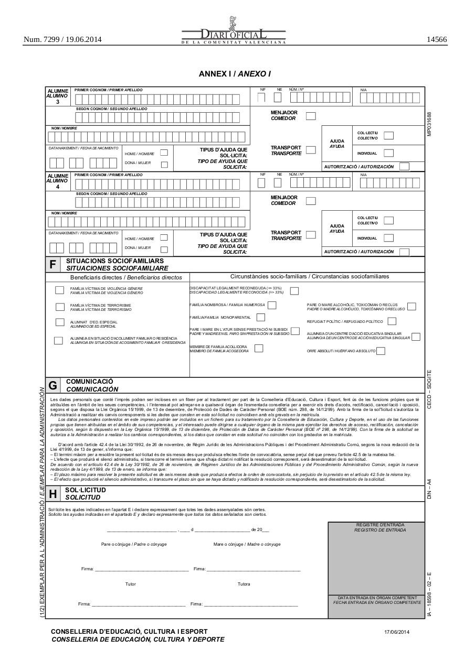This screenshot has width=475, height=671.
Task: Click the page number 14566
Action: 436,39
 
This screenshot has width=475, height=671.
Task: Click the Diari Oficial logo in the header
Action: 234,32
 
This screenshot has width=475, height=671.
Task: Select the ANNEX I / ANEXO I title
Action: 235,74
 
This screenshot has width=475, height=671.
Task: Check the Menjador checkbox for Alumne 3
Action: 311,115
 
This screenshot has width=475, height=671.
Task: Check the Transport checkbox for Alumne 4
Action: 311,235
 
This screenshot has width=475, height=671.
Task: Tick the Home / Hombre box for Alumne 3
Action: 164,153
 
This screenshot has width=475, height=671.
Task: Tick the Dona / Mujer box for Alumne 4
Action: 164,250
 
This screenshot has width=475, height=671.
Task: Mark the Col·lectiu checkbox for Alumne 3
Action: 388,136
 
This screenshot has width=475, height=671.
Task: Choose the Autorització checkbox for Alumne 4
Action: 404,252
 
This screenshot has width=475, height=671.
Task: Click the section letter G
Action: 52,385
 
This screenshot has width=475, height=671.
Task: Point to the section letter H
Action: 52,494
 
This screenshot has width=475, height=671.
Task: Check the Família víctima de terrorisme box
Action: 60,307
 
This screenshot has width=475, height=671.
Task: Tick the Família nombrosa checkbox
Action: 272,305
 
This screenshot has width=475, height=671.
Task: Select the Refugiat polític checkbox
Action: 392,321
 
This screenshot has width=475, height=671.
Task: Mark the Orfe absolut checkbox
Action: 381,351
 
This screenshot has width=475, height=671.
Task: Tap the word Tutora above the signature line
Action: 244,584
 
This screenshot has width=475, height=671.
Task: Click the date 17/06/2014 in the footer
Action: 397,632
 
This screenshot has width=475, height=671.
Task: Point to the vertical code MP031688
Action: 429,124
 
